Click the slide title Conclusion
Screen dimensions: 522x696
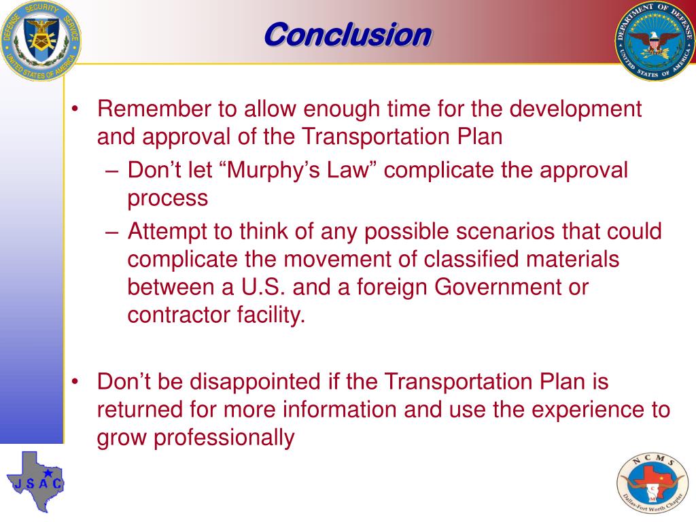(x=347, y=34)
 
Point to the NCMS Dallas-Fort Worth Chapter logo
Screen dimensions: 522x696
(x=652, y=485)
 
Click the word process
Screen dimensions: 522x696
(x=167, y=198)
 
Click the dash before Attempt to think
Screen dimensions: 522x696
(x=114, y=232)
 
